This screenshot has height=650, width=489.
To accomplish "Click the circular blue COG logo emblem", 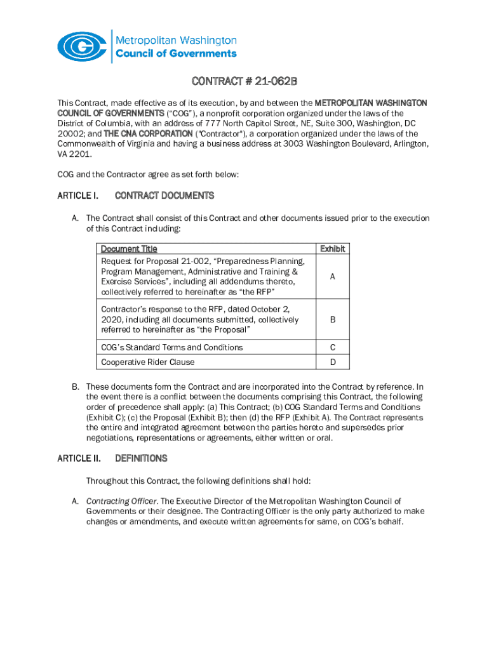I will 83,46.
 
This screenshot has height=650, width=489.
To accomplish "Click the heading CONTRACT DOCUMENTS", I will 164,196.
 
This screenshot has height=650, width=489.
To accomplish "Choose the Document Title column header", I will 129,249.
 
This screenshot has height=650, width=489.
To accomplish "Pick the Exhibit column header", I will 332,249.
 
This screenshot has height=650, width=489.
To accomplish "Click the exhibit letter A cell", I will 332,277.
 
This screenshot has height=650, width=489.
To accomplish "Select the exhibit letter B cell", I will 332,320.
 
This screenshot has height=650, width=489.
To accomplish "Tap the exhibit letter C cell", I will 332,347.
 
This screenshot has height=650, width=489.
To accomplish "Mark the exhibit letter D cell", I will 332,362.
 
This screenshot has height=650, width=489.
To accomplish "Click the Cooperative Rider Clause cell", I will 148,362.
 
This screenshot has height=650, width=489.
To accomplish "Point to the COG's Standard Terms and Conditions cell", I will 171,347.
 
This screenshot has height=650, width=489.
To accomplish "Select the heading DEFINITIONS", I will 141,458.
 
